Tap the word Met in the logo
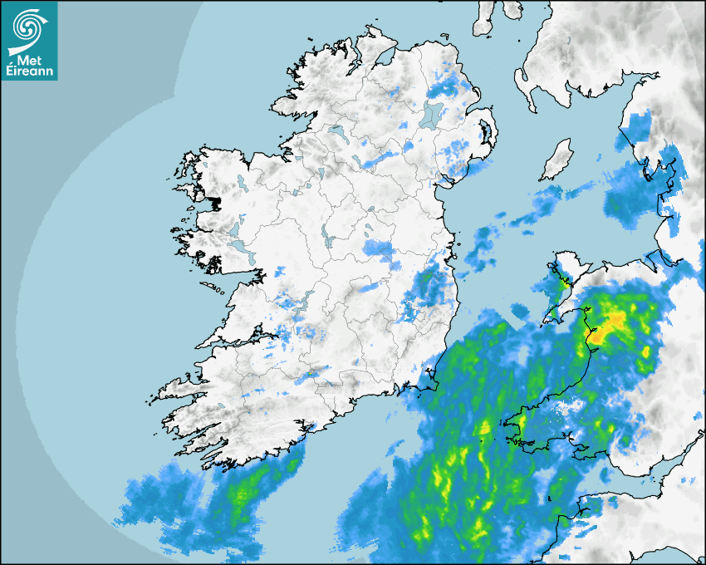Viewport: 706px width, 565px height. click(x=29, y=60)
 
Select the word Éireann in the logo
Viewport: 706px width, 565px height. click(x=29, y=71)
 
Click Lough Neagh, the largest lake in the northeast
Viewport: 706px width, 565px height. click(x=433, y=114)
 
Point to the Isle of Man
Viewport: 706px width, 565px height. click(x=556, y=160)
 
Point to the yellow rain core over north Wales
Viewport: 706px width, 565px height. click(x=615, y=320)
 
